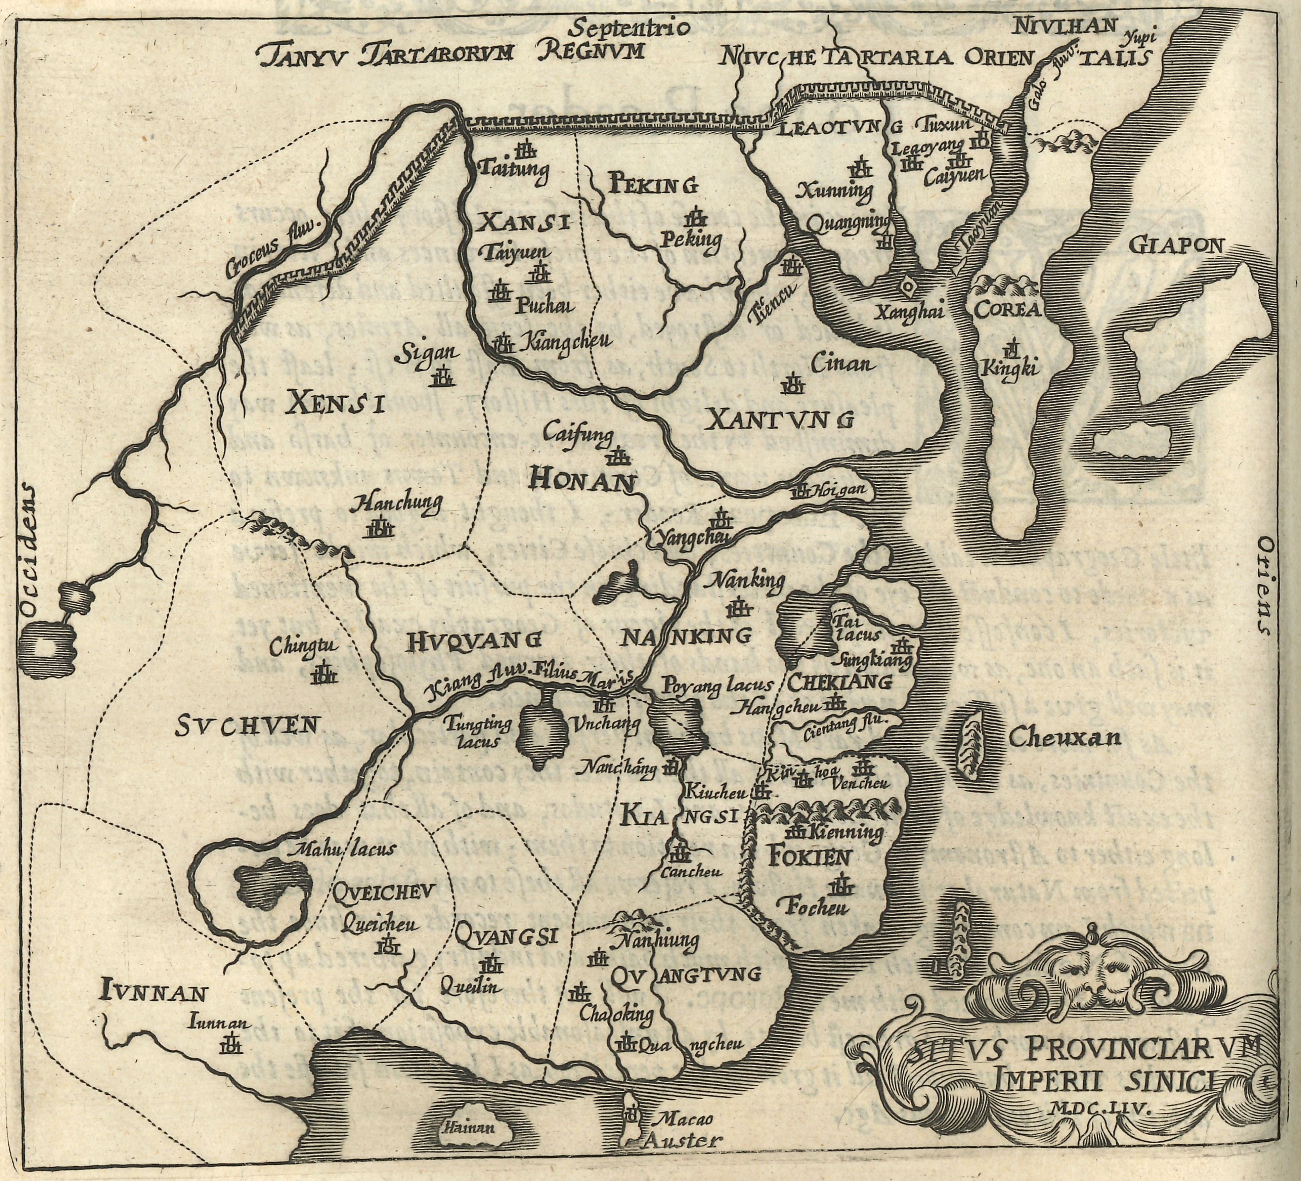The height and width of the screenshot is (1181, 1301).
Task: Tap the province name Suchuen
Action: click(x=247, y=726)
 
